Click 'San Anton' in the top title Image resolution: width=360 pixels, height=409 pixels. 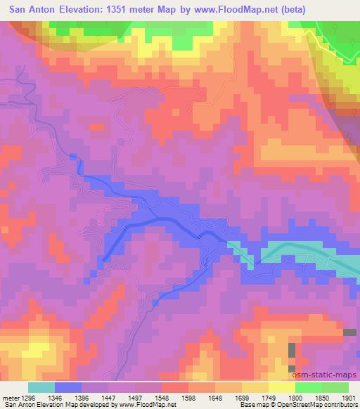(x=32, y=9)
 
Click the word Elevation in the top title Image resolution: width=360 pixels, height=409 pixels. (x=83, y=9)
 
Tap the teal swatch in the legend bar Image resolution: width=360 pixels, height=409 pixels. (x=41, y=387)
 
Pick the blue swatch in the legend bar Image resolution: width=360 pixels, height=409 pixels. (x=68, y=387)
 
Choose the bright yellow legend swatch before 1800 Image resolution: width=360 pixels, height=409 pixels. (x=281, y=387)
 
